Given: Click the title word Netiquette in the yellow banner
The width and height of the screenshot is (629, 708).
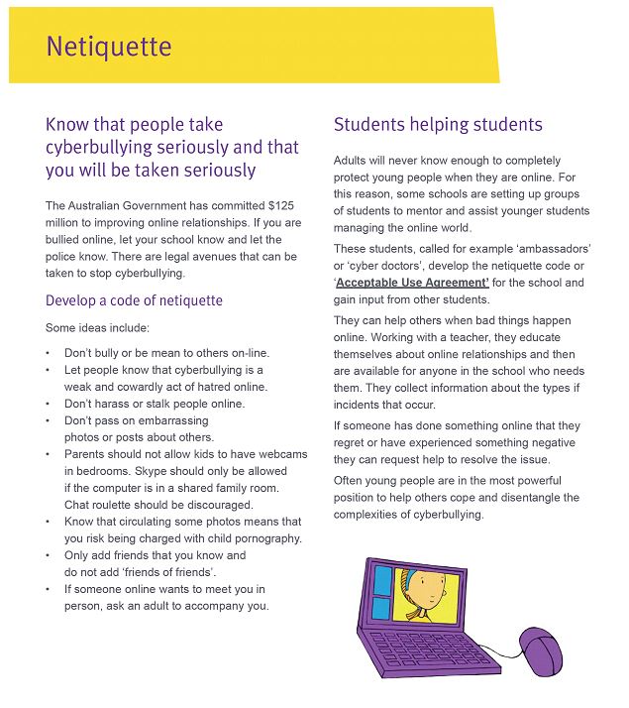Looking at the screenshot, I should [x=109, y=47].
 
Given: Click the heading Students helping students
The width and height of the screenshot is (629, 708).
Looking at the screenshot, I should [x=438, y=125].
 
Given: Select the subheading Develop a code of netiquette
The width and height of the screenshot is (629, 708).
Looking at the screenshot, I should [x=134, y=300].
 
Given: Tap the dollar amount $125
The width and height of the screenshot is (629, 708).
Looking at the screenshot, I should [x=283, y=205].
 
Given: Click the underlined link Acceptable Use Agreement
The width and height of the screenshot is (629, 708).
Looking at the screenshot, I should [x=412, y=283].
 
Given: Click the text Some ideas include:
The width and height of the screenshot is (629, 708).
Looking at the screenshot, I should [x=96, y=327].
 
